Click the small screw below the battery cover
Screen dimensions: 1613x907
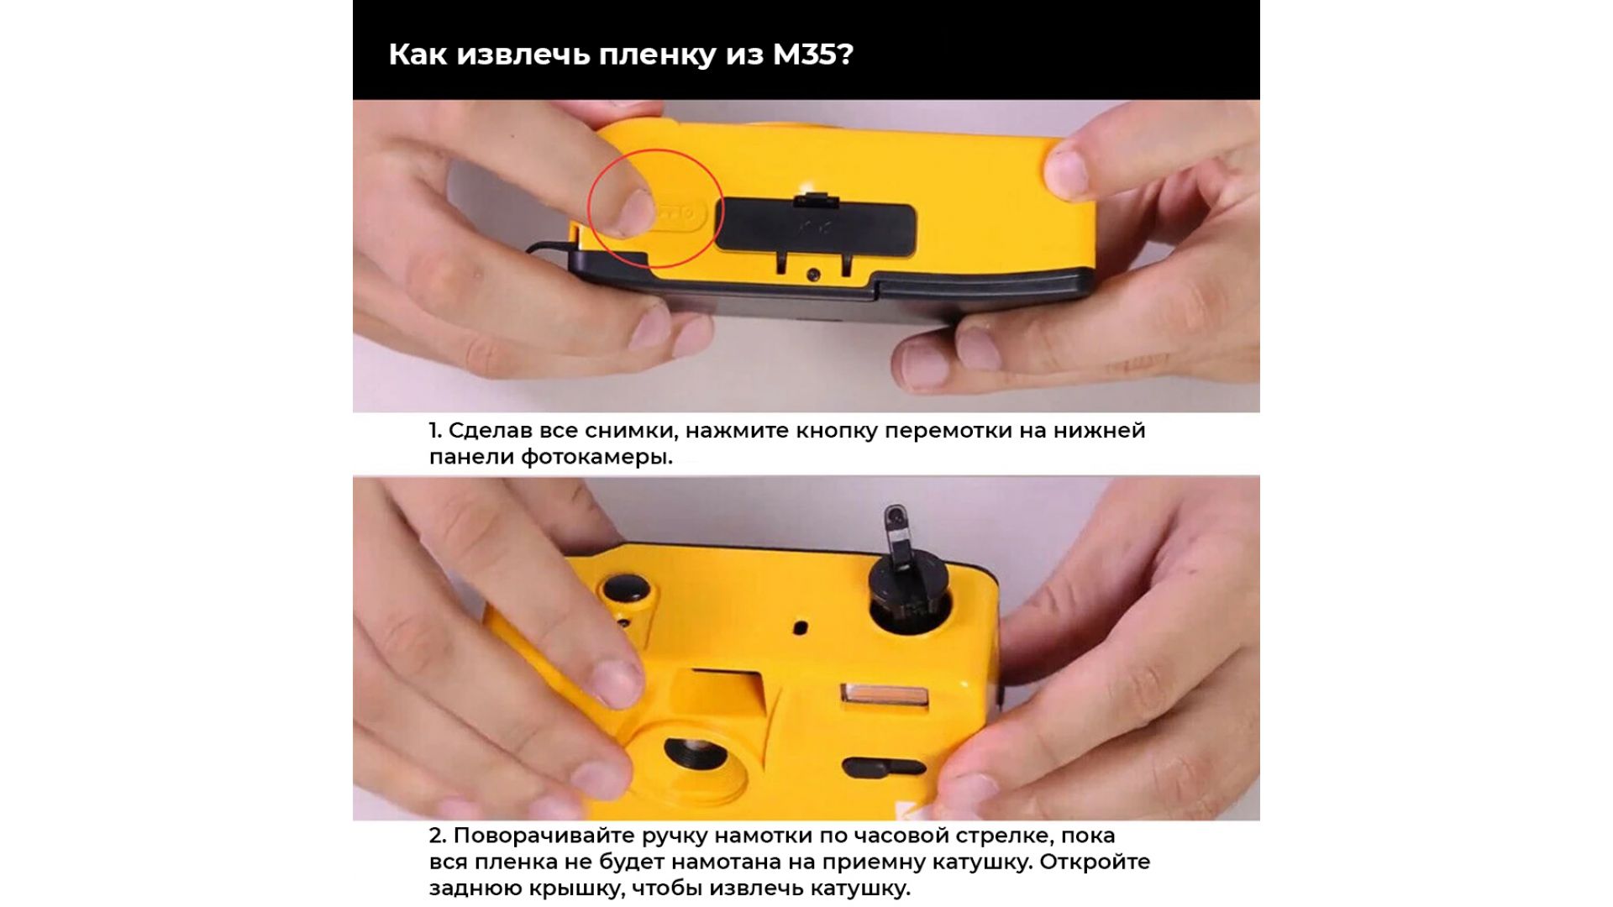point(812,275)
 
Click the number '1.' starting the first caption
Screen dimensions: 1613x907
point(434,431)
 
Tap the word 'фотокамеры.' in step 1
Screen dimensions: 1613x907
point(596,458)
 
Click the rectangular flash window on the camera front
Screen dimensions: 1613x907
point(885,696)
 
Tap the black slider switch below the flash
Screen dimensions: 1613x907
point(883,767)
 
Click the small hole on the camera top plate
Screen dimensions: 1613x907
point(801,627)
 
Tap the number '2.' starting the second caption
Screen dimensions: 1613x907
point(437,836)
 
